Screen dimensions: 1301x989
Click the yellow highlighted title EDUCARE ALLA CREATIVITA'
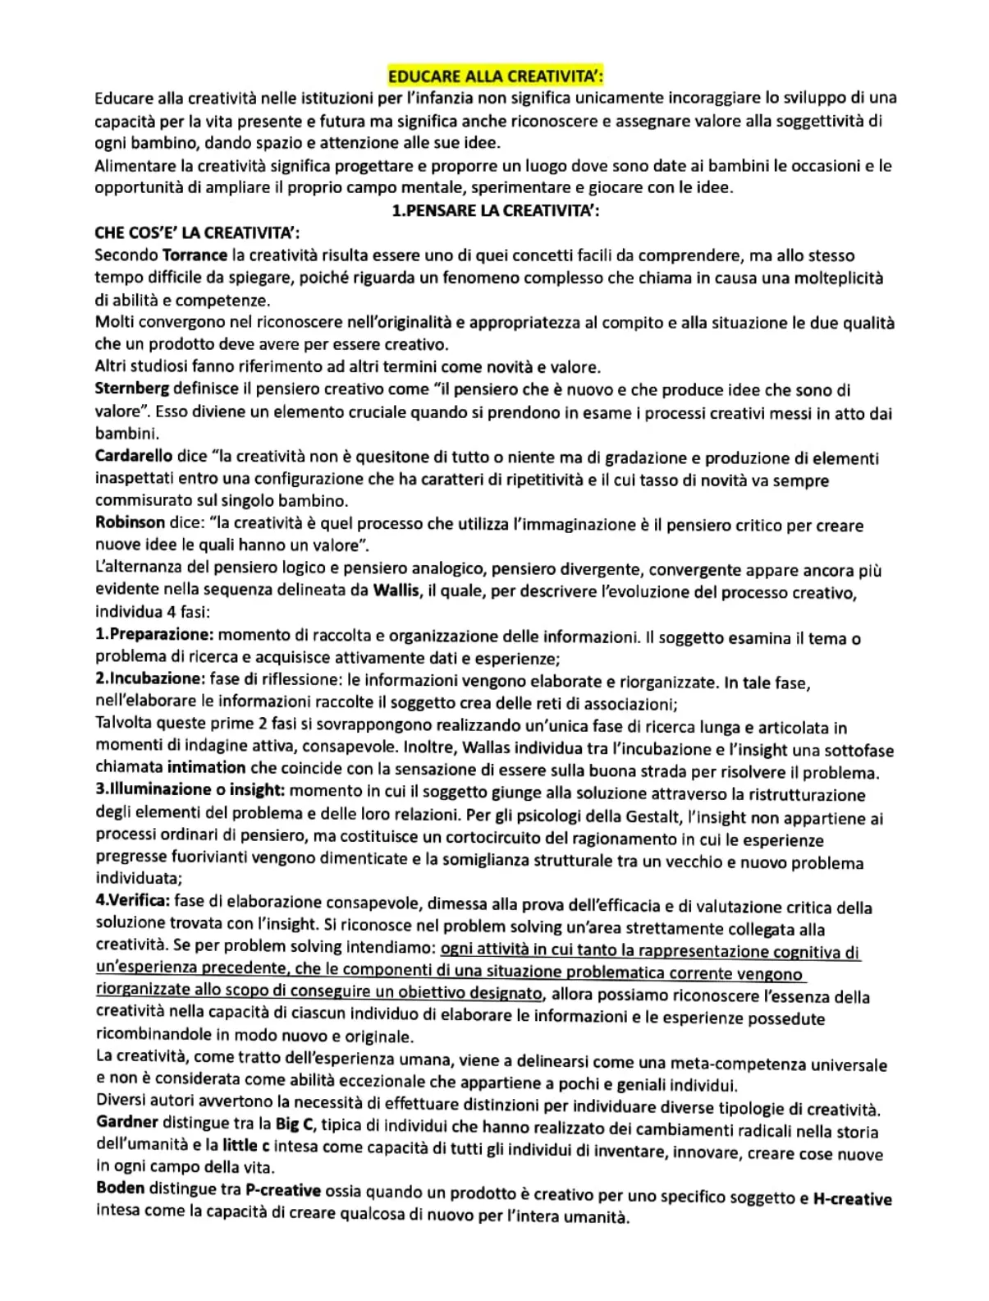(495, 77)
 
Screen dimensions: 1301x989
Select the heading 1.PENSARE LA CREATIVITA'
(495, 210)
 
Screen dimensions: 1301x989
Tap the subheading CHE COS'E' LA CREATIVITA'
(176, 233)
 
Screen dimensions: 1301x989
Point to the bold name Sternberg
(132, 388)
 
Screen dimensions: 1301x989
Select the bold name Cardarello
(134, 456)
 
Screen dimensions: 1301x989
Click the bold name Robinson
(130, 522)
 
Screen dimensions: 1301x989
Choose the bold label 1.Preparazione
(155, 635)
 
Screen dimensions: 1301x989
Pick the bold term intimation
(206, 768)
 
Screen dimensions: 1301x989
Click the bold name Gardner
(127, 1122)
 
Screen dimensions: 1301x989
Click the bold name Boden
(121, 1188)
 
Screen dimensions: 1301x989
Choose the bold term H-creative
(852, 1199)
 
